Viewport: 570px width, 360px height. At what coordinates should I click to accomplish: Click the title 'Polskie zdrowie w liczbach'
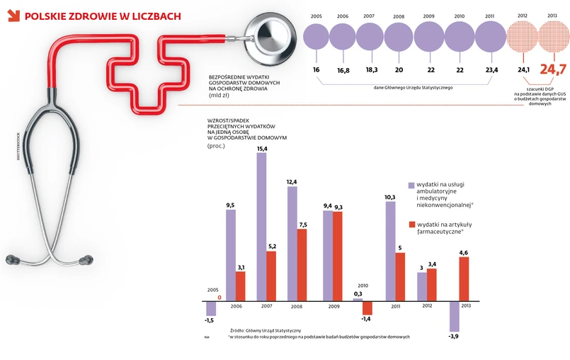tap(102, 16)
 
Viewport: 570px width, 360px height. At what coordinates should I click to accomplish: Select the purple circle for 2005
tap(317, 36)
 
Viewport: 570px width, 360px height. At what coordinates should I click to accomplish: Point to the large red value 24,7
tap(553, 69)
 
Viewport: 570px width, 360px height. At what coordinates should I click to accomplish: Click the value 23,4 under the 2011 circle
tap(491, 69)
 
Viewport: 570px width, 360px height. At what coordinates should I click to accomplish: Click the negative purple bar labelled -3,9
tap(454, 315)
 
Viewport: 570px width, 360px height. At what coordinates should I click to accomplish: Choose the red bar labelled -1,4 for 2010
tap(367, 308)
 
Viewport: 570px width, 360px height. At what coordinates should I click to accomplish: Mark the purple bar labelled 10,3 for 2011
tap(390, 251)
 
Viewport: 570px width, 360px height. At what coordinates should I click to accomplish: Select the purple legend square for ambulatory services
tap(411, 186)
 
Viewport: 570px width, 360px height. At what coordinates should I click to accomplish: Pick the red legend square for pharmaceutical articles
tap(411, 225)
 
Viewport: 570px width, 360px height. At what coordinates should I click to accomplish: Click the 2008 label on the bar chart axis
tap(297, 308)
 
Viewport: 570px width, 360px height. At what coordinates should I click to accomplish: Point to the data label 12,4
tap(292, 181)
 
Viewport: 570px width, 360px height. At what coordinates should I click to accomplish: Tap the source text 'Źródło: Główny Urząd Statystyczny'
tap(266, 330)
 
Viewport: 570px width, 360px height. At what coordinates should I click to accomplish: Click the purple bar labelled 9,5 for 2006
tap(230, 254)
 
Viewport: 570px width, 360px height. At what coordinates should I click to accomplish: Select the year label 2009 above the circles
tap(429, 16)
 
